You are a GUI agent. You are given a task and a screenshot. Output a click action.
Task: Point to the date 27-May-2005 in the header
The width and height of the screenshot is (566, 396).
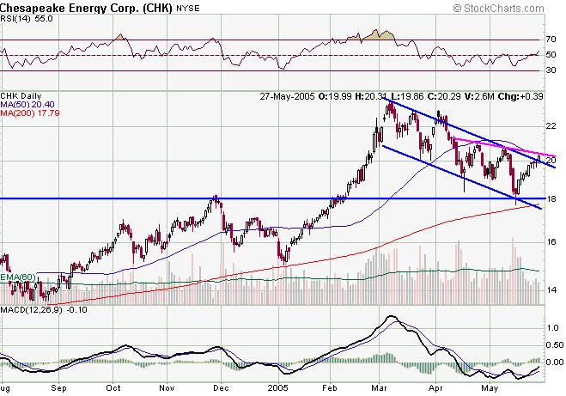tap(289, 95)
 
